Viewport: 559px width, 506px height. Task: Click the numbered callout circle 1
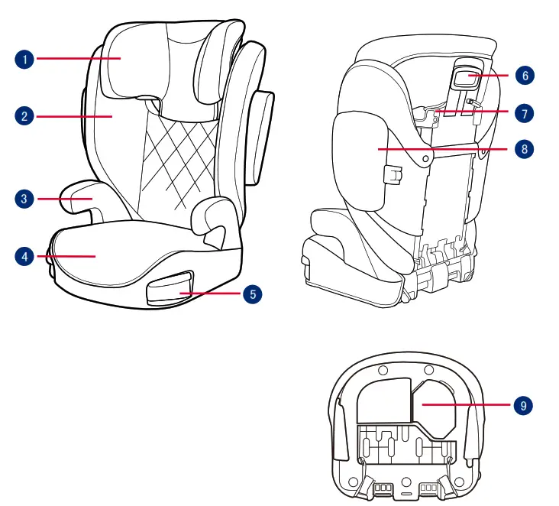pos(25,58)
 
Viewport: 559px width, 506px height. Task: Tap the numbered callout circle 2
pos(25,117)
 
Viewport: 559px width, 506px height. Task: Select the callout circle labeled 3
pos(25,199)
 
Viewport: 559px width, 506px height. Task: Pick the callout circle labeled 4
pos(25,257)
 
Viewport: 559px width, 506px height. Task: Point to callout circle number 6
pos(523,76)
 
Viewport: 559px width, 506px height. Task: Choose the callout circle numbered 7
pos(523,113)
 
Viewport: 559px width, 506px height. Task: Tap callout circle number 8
pos(523,149)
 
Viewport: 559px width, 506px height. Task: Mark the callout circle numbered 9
pos(523,405)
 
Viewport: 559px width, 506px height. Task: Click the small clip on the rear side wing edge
pos(393,175)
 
